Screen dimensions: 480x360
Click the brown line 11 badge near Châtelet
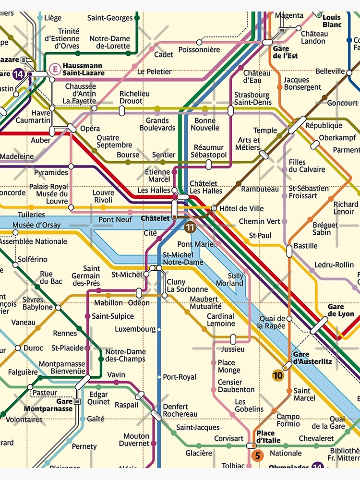[x=191, y=228]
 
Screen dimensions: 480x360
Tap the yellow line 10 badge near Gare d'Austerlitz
[x=278, y=376]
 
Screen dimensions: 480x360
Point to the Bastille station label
[x=306, y=246]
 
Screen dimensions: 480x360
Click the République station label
[x=324, y=126]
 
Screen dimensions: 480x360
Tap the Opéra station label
[x=90, y=129]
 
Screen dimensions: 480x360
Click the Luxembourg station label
[x=135, y=329]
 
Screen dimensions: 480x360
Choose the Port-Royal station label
[x=180, y=377]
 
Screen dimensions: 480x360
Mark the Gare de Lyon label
[x=341, y=310]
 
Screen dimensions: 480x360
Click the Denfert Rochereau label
[x=180, y=410]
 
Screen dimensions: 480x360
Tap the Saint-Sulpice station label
[x=113, y=316]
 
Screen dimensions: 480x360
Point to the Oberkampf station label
[x=337, y=138]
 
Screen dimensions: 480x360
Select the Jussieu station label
[x=233, y=349]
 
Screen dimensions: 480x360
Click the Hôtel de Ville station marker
[x=214, y=208]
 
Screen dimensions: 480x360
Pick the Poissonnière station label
[x=199, y=49]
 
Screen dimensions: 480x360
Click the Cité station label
[x=150, y=233]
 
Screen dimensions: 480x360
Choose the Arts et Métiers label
[x=248, y=144]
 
